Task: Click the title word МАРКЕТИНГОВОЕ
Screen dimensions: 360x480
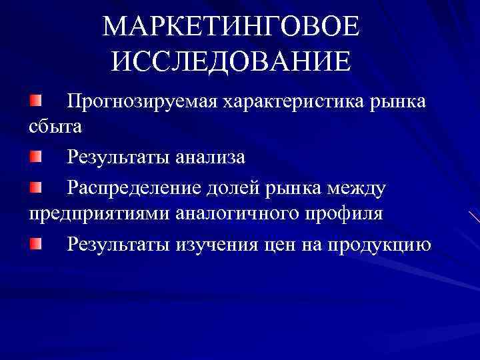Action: tap(232, 27)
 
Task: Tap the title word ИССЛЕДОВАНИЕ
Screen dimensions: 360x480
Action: tap(231, 61)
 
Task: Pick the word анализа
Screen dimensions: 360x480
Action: tap(211, 157)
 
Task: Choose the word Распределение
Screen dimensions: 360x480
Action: tap(133, 189)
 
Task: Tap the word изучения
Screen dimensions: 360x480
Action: tap(215, 245)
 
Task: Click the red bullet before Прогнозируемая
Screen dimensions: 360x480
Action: tap(35, 101)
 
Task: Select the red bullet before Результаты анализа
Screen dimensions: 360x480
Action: tap(35, 156)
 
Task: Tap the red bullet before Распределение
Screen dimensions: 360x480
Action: tap(35, 187)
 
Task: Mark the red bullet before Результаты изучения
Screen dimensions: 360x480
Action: tap(35, 243)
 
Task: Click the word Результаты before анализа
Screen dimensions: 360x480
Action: tap(118, 157)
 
